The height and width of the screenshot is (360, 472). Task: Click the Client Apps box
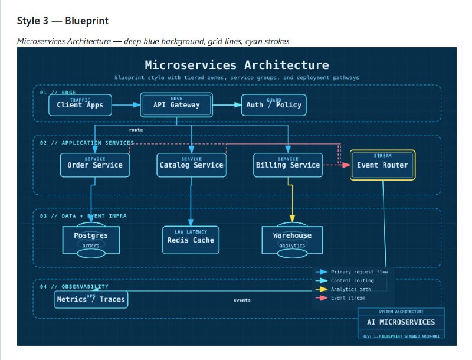coord(80,105)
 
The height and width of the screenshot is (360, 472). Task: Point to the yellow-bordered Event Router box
coord(382,165)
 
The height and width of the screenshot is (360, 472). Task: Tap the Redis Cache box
coord(191,239)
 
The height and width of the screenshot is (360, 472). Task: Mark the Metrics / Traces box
coord(91,299)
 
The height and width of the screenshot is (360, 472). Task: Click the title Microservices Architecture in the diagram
coord(237,65)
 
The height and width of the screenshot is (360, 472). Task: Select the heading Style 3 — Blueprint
coord(63,21)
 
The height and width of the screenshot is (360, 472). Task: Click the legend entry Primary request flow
coord(359,272)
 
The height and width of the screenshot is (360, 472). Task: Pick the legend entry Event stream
coord(348,298)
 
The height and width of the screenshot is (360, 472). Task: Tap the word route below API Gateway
coord(136,129)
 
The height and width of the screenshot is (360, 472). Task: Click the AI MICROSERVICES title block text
coord(401,322)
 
